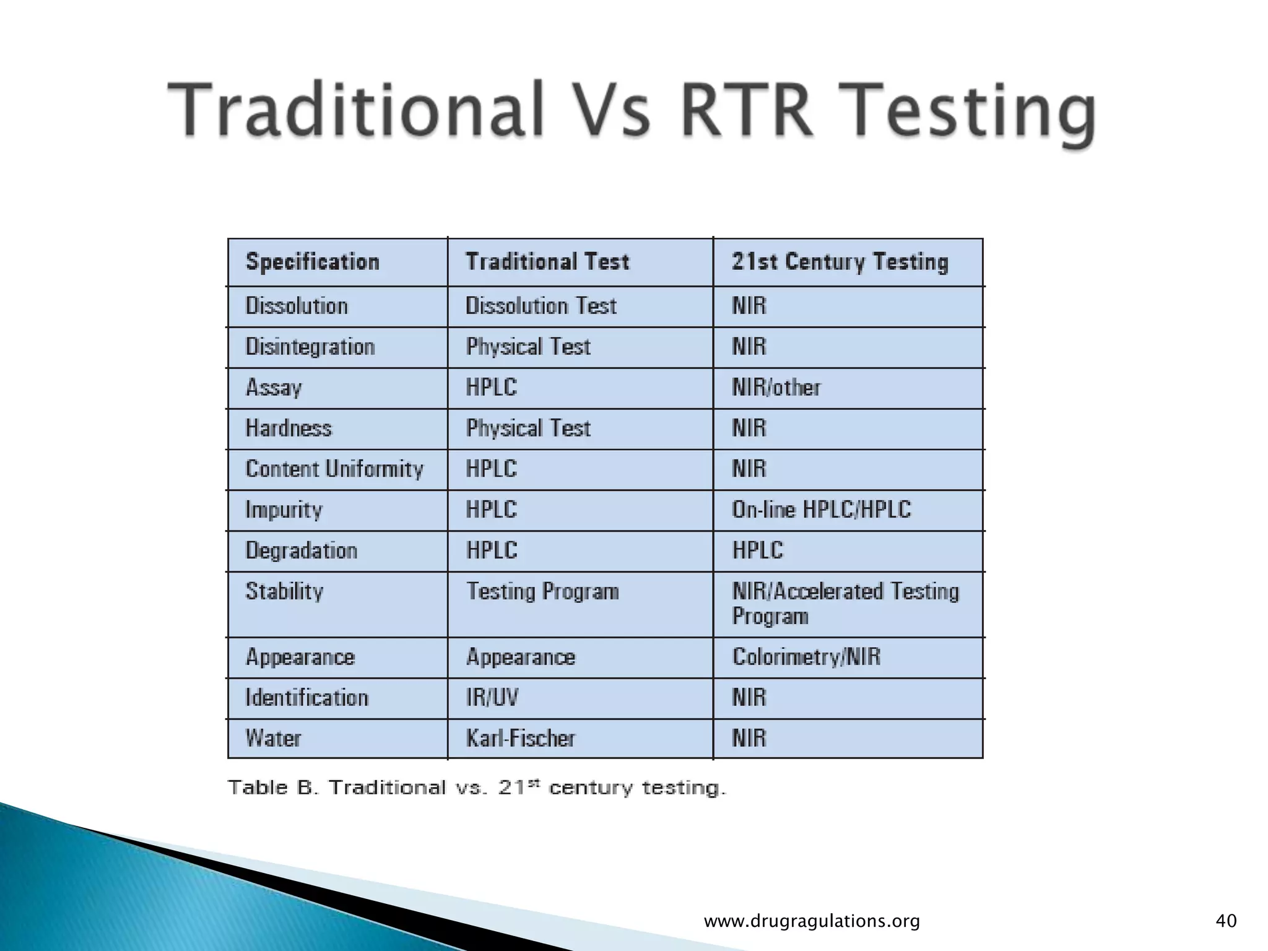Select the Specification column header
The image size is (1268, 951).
pyautogui.click(x=312, y=262)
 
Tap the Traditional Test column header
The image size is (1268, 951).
pyautogui.click(x=547, y=262)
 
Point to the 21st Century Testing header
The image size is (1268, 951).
pyautogui.click(x=840, y=262)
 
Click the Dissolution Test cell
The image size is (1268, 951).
pyautogui.click(x=541, y=306)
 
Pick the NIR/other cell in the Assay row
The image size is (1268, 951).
pyautogui.click(x=776, y=388)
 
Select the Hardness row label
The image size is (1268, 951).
pyautogui.click(x=289, y=428)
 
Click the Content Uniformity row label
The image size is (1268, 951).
pyautogui.click(x=334, y=469)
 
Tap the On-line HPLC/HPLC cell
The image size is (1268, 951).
pyautogui.click(x=821, y=510)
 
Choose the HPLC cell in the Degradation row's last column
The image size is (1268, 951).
pyautogui.click(x=757, y=550)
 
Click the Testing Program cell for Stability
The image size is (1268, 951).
pyautogui.click(x=542, y=592)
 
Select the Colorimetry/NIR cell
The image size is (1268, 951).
pyautogui.click(x=806, y=657)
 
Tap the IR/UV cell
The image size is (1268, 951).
pyautogui.click(x=492, y=698)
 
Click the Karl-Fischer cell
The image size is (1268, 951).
pyautogui.click(x=521, y=739)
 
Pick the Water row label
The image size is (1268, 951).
pyautogui.click(x=273, y=739)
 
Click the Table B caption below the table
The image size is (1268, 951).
pyautogui.click(x=476, y=788)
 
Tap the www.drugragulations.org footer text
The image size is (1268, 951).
pyautogui.click(x=812, y=921)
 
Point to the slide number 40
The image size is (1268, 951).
pyautogui.click(x=1226, y=921)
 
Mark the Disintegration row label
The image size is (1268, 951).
pyautogui.click(x=310, y=347)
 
